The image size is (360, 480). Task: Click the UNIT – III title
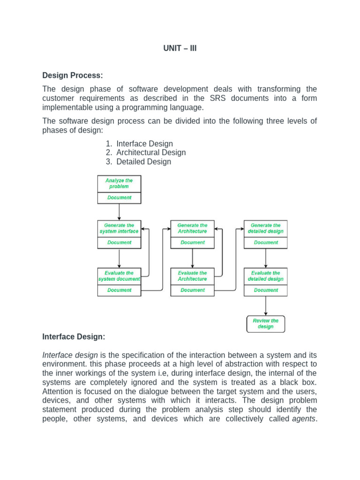click(180, 48)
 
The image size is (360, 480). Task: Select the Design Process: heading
click(72, 75)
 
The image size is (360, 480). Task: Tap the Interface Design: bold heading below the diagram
click(74, 336)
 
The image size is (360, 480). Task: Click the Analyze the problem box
click(119, 183)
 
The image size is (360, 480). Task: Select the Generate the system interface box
click(119, 228)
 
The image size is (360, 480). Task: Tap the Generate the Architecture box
click(192, 228)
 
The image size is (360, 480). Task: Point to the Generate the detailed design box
click(266, 228)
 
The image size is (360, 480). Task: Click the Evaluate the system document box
click(119, 276)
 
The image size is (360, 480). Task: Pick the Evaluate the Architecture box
click(192, 276)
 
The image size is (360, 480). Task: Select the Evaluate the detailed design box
click(266, 276)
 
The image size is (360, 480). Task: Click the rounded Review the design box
click(266, 324)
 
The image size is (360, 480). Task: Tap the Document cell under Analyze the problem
click(119, 198)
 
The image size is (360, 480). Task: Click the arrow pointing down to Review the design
click(266, 306)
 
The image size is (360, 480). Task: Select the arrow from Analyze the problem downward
click(119, 211)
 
